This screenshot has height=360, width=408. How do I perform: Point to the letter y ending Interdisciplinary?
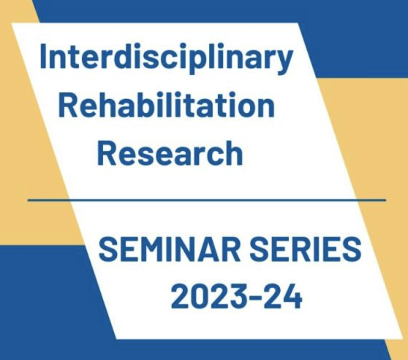283,62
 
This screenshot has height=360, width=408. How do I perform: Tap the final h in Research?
233,153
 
